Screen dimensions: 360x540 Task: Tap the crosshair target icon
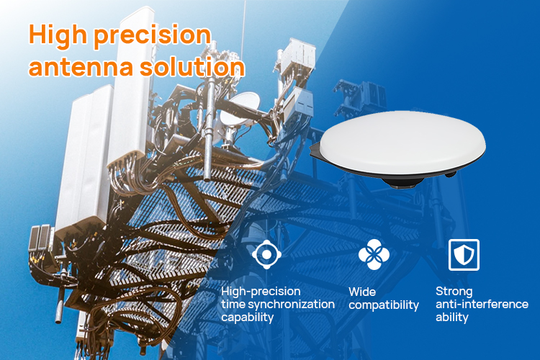click(266, 253)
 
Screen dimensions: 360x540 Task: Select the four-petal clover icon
click(374, 253)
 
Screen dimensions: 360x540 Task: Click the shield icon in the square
click(464, 254)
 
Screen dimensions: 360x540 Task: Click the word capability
click(247, 318)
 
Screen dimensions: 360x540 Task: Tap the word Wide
click(362, 292)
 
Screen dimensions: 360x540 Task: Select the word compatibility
click(383, 305)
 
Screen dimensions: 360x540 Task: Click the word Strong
click(454, 292)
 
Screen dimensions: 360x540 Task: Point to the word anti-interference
click(482, 305)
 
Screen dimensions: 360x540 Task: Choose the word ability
click(451, 318)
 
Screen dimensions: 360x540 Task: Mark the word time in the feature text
click(233, 305)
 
